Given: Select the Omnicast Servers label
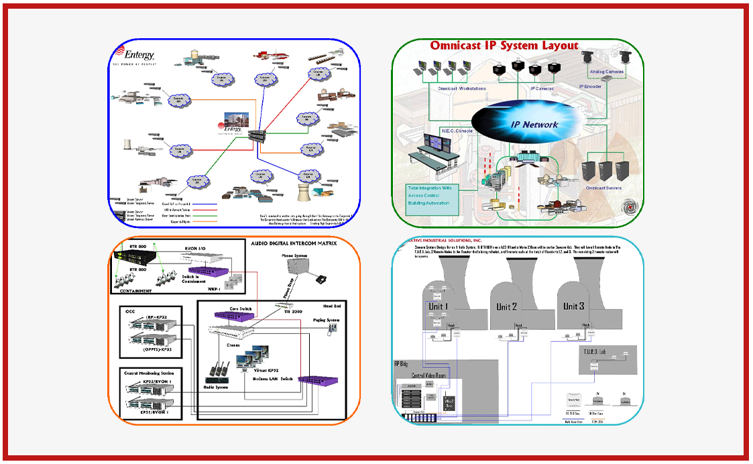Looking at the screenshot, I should [x=603, y=188].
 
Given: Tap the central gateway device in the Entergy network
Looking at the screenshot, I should [x=255, y=135].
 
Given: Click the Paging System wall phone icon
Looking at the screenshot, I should [x=329, y=329].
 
